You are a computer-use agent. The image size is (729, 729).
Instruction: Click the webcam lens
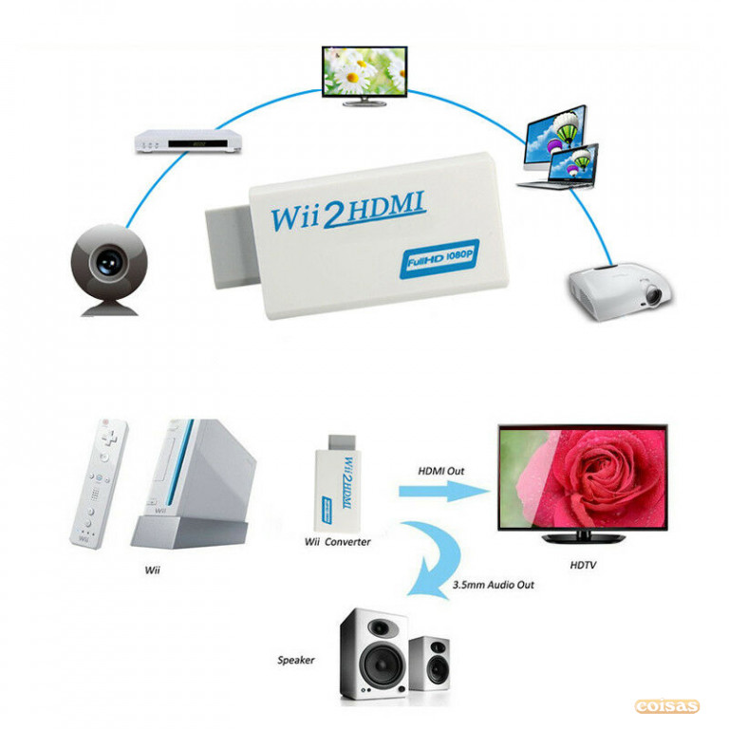(x=109, y=261)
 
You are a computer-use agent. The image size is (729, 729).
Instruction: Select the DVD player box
(x=188, y=140)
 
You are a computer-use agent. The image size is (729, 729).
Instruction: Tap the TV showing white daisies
(x=364, y=76)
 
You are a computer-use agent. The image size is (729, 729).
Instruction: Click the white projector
(x=621, y=291)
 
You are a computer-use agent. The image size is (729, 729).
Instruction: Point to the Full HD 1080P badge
(x=439, y=259)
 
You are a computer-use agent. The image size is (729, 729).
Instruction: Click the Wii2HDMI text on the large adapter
(x=347, y=212)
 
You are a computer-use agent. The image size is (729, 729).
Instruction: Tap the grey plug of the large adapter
(x=231, y=247)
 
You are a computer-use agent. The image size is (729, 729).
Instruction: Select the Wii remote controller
(x=99, y=483)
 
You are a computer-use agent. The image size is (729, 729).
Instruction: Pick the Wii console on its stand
(x=194, y=483)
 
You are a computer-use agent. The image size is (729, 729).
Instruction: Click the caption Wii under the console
(x=152, y=570)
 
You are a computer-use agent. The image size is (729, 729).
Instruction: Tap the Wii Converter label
(x=338, y=542)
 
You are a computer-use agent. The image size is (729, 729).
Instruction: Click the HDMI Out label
(x=440, y=471)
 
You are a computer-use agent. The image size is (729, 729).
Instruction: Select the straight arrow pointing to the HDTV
(x=445, y=492)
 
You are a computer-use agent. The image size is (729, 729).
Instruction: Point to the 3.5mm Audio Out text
(x=494, y=585)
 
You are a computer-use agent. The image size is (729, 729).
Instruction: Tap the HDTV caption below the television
(x=583, y=565)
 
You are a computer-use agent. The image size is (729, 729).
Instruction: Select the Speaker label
(x=296, y=660)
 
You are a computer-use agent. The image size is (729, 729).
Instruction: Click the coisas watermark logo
(x=666, y=706)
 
